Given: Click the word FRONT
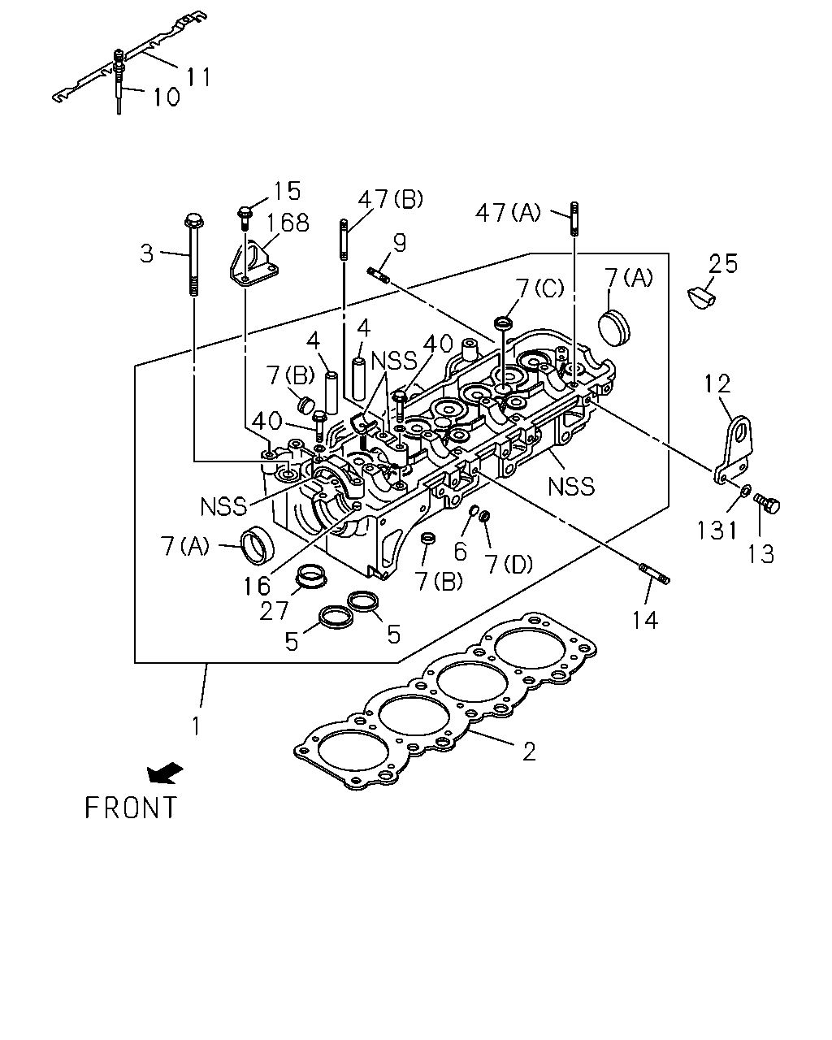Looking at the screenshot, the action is coord(131,808).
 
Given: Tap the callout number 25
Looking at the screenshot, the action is coord(723,264).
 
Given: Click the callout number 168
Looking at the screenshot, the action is coord(288,223).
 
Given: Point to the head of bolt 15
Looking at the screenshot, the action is coord(245,212).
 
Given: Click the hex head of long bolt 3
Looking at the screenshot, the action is coord(194,221).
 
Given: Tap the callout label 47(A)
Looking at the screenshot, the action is coord(508,212).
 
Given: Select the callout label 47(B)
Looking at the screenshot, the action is coord(390,199).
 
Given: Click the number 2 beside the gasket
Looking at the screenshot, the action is coord(530,752).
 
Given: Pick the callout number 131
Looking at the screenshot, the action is coord(717,530).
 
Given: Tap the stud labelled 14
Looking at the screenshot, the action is coord(655,573).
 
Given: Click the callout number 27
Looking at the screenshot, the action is coord(274,611).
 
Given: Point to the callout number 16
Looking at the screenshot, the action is coord(257,586).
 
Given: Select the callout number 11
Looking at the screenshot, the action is coord(199,77).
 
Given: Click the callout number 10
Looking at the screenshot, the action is coord(167,97).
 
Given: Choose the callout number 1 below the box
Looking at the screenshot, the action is coord(196,726).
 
